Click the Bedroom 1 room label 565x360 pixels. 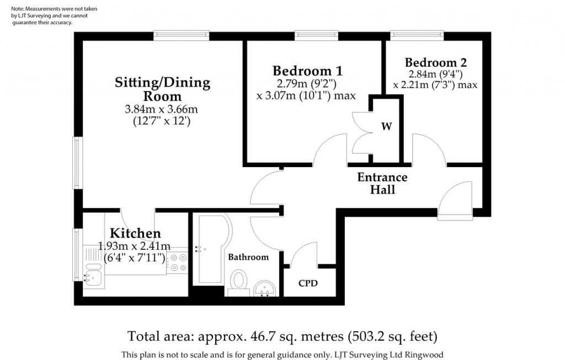(x=307, y=71)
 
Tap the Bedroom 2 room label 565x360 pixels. (x=436, y=63)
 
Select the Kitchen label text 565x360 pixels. (x=135, y=233)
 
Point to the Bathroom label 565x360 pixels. (x=248, y=257)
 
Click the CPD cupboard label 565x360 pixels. (x=308, y=283)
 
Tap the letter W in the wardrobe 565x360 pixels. (x=387, y=126)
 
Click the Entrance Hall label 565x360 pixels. (x=382, y=183)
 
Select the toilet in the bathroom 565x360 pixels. (x=238, y=283)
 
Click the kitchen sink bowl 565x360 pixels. (x=93, y=278)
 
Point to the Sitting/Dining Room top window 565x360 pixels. (x=181, y=35)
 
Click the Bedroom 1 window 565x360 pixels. (x=316, y=35)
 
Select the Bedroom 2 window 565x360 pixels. (x=417, y=35)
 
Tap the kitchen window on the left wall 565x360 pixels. (x=77, y=255)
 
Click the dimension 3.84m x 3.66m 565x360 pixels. (x=161, y=109)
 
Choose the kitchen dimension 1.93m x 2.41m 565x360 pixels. (x=134, y=246)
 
